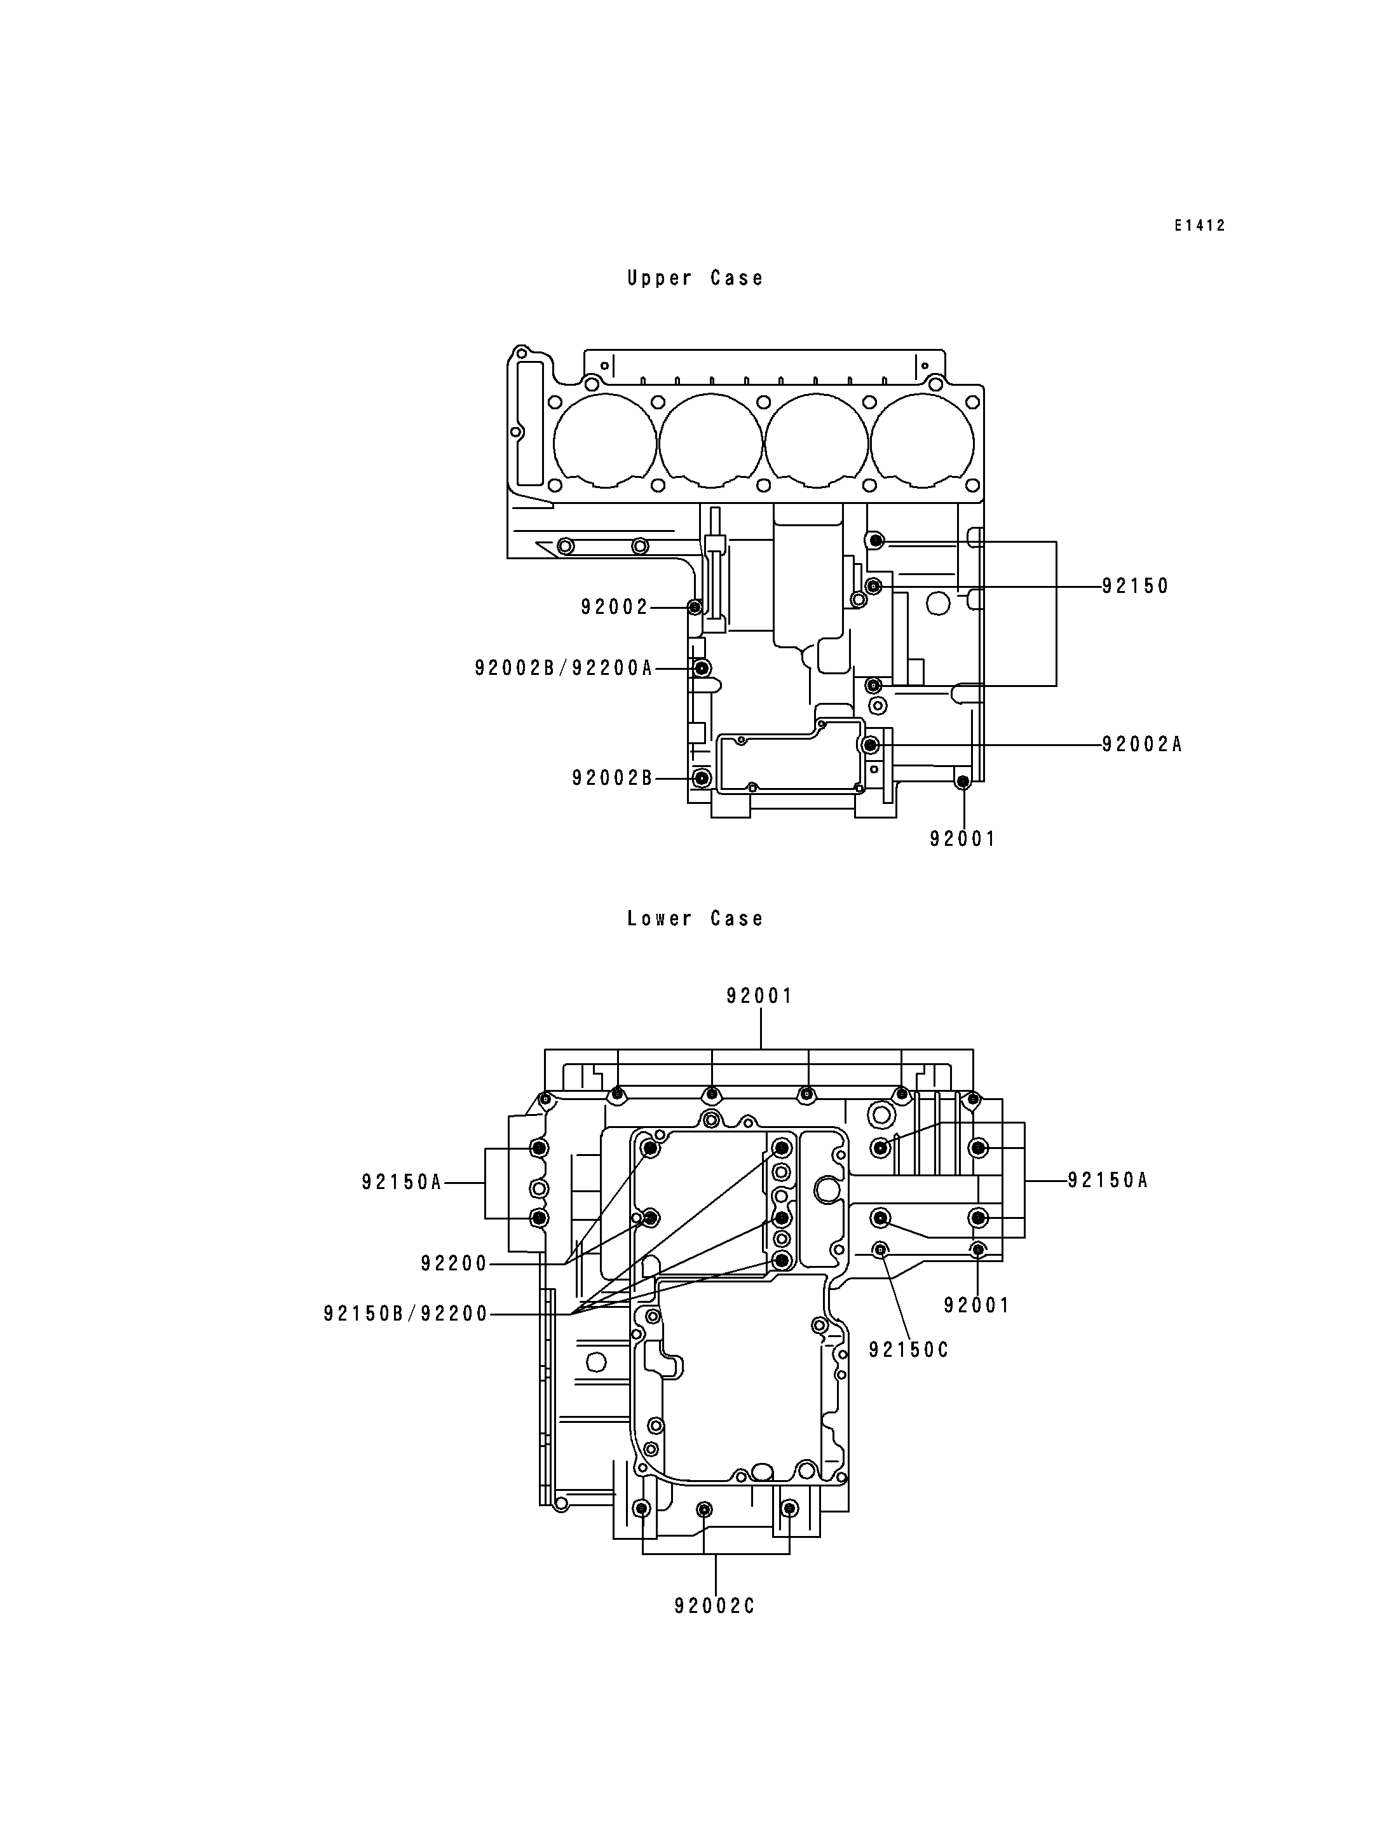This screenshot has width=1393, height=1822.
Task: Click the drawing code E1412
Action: coord(1199,226)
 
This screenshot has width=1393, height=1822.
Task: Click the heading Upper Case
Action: coord(695,278)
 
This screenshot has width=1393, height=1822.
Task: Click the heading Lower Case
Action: coord(695,919)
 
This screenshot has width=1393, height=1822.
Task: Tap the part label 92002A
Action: coord(1142,745)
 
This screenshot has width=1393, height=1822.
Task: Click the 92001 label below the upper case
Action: coord(963,840)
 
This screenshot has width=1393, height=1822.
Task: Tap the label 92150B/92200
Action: coord(405,1314)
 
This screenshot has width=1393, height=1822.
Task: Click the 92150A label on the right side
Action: coord(1108,1180)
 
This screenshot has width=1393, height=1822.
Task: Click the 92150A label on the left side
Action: coord(402,1183)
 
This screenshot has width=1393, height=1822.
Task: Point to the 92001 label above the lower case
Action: coord(759,996)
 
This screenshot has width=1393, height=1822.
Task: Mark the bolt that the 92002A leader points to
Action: coord(871,745)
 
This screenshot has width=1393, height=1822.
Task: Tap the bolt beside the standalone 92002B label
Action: coord(702,778)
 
